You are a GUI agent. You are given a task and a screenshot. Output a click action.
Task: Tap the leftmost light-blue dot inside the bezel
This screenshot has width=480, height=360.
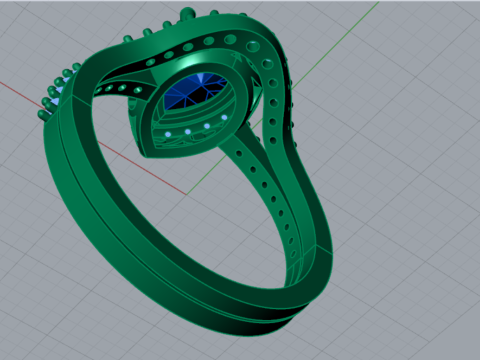tap(169, 133)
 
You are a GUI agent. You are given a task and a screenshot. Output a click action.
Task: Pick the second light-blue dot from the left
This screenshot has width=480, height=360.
tap(188, 131)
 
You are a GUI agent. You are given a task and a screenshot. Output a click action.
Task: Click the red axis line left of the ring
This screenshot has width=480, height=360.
tap(30, 91)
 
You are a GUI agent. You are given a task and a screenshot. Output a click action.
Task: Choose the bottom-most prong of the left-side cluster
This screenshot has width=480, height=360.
tap(42, 116)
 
